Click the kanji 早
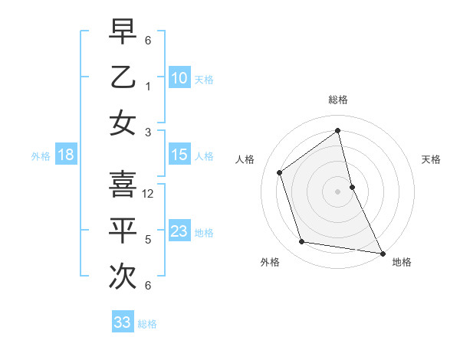[x=123, y=33]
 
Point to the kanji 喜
[x=123, y=184]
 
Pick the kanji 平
[x=123, y=230]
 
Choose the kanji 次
[x=123, y=276]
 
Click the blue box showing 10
[x=179, y=77]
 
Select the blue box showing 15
[x=179, y=155]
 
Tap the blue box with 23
[x=179, y=231]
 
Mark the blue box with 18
[x=65, y=155]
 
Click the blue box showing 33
[x=123, y=322]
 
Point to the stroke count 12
[x=149, y=194]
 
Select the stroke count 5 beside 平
[x=149, y=240]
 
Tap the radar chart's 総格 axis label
[x=338, y=100]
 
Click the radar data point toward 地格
[x=382, y=252]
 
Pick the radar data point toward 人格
[x=280, y=172]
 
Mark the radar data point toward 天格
[x=352, y=187]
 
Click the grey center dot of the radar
[x=338, y=191]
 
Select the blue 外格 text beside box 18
[x=41, y=156]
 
